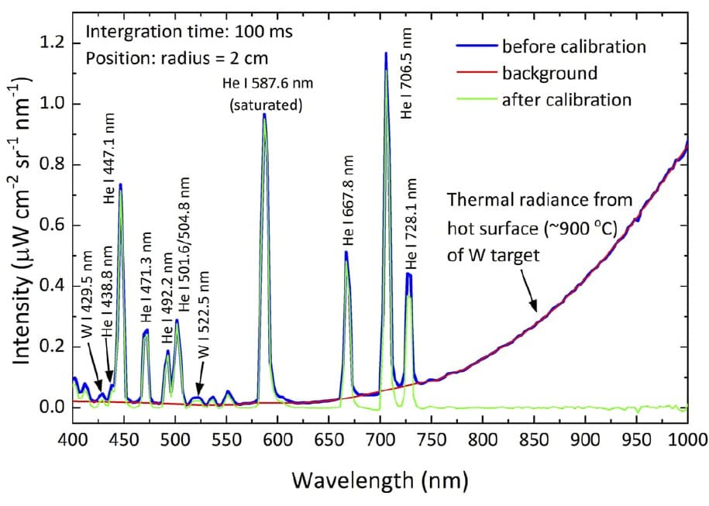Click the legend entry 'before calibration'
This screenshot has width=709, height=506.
pyautogui.click(x=573, y=46)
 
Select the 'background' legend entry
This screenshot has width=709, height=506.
pyautogui.click(x=549, y=74)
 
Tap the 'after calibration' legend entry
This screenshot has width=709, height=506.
pyautogui.click(x=566, y=100)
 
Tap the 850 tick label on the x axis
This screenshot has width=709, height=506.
pyautogui.click(x=535, y=439)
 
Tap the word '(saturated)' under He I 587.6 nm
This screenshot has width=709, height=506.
pyautogui.click(x=266, y=104)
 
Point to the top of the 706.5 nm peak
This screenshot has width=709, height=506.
pyautogui.click(x=385, y=54)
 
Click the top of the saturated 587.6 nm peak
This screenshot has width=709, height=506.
pyautogui.click(x=264, y=115)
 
